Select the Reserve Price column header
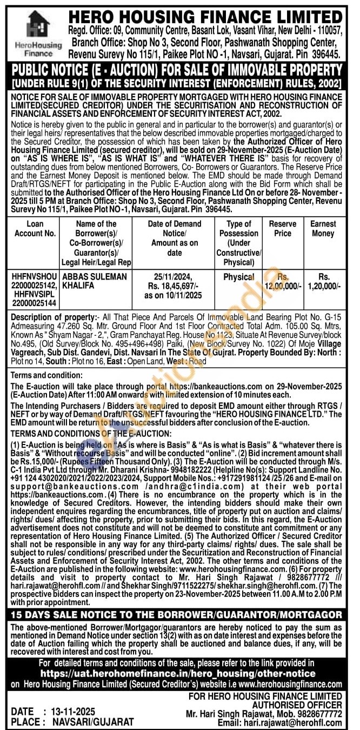point(286,229)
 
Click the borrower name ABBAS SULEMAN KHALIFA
point(95,281)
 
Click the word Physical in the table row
point(239,276)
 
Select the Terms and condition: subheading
point(46,375)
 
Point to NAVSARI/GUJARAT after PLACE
point(92,721)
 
